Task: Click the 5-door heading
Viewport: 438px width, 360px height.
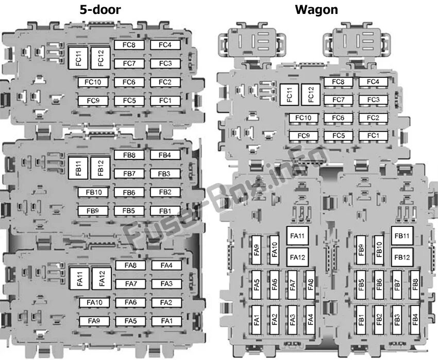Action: [x=104, y=9]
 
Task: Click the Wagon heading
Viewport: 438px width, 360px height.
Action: [x=316, y=9]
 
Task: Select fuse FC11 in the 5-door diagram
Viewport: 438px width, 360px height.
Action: [x=78, y=58]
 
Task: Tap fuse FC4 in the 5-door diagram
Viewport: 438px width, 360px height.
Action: [x=165, y=45]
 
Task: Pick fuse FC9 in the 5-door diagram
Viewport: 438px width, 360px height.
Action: [x=93, y=101]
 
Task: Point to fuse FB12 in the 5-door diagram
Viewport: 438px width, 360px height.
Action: [x=100, y=168]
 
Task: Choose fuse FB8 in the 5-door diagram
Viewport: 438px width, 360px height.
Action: [x=129, y=155]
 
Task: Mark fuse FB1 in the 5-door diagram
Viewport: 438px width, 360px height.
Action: [x=165, y=210]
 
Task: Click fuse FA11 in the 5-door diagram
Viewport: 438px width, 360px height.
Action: [x=79, y=279]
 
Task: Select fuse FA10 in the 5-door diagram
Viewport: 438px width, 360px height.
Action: [x=94, y=303]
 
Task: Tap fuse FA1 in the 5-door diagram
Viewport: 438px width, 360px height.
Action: [x=166, y=321]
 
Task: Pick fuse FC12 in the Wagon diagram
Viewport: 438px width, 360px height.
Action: [x=311, y=94]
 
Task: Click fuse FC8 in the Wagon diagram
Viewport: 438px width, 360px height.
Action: [x=338, y=82]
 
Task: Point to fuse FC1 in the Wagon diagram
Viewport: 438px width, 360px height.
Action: [x=373, y=136]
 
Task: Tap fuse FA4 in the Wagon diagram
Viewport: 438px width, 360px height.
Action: [x=310, y=320]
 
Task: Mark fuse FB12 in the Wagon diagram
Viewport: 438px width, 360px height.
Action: [x=402, y=257]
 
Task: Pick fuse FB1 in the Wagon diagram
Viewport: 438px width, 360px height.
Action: [x=361, y=320]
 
